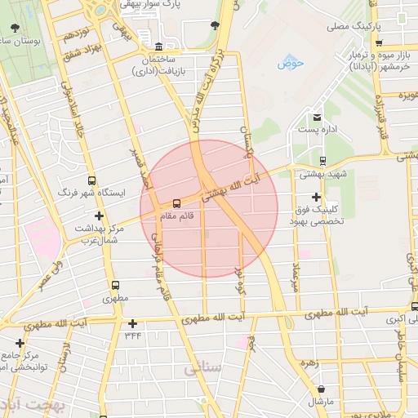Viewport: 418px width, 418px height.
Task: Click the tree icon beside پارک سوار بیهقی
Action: click(x=215, y=24)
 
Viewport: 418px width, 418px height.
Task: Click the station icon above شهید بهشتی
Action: click(x=322, y=160)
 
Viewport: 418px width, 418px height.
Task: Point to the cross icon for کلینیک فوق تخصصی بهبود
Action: click(x=317, y=197)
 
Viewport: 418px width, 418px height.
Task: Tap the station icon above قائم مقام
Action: click(x=177, y=203)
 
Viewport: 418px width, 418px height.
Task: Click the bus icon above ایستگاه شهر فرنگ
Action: click(x=91, y=180)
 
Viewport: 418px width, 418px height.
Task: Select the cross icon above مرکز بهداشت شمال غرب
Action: click(x=100, y=216)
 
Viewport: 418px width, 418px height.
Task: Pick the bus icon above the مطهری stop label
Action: click(x=115, y=287)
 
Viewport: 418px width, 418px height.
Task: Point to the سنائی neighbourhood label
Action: click(x=202, y=369)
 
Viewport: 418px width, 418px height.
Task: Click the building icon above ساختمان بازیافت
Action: click(x=158, y=46)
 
